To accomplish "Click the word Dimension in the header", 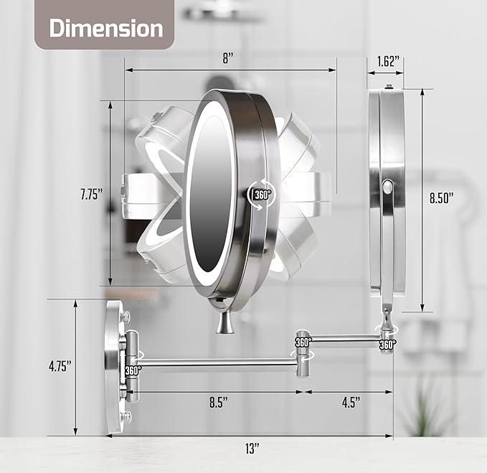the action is (x=106, y=28).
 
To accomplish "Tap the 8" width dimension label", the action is (x=227, y=58).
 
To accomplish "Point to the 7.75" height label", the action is (x=91, y=195).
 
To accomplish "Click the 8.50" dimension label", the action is (x=442, y=197).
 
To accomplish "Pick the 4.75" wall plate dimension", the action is (x=60, y=366).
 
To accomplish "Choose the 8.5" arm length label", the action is (x=218, y=402).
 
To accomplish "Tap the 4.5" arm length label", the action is (x=351, y=402).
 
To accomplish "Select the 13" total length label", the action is (x=252, y=449).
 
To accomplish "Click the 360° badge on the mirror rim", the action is (x=263, y=195).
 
